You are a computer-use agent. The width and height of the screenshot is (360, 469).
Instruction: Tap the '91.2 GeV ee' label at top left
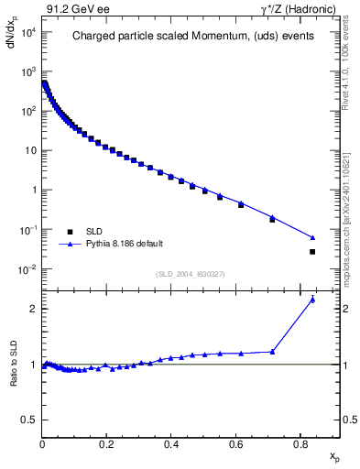[x=75, y=8]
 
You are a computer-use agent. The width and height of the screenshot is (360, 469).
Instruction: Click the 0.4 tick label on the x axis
[x=171, y=446]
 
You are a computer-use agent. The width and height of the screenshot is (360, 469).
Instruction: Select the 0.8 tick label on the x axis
[x=300, y=446]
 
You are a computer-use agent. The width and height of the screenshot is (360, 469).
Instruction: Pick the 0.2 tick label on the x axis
[x=106, y=446]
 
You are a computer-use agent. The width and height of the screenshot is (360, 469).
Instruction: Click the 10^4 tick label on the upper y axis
[x=27, y=32]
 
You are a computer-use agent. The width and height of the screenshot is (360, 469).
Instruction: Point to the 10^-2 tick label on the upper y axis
[x=27, y=269]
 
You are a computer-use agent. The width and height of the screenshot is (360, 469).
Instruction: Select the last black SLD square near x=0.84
[x=312, y=252]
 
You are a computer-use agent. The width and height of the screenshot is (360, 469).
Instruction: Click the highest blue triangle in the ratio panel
[x=312, y=300]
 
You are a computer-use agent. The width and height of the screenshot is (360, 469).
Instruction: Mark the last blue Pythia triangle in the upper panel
[x=312, y=238]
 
